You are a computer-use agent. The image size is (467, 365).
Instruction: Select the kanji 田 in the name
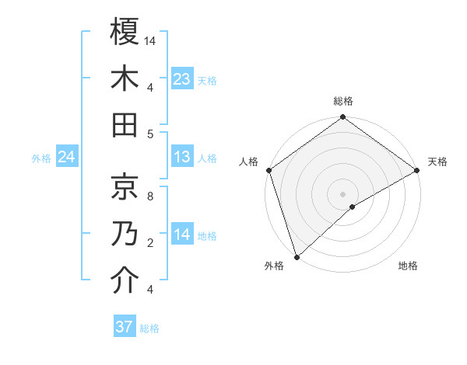(x=125, y=124)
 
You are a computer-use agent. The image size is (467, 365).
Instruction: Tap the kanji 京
(x=125, y=186)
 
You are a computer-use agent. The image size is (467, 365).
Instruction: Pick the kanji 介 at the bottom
(x=125, y=280)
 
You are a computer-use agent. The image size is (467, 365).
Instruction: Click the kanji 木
(x=125, y=78)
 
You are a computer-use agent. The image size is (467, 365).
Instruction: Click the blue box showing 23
(x=182, y=78)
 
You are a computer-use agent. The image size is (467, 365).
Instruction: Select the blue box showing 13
(x=182, y=158)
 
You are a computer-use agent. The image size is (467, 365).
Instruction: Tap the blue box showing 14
(x=182, y=235)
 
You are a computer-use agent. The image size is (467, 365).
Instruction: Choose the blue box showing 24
(x=67, y=158)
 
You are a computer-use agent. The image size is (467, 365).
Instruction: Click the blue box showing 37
(x=125, y=327)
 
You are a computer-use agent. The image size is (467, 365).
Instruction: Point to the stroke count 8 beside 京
(x=150, y=196)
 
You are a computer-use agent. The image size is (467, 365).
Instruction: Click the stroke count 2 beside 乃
(x=150, y=243)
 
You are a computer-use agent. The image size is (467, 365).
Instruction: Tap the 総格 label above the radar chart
(x=342, y=101)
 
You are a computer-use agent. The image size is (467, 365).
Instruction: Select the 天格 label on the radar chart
(x=437, y=162)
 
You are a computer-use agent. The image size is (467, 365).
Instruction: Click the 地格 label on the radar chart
(x=408, y=266)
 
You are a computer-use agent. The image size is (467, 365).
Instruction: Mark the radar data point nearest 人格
(x=269, y=170)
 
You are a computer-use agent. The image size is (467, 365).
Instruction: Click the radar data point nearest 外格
(x=297, y=255)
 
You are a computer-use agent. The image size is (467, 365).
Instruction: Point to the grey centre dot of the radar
(x=342, y=193)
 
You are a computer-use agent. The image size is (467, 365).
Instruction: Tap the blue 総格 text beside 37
(x=149, y=328)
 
